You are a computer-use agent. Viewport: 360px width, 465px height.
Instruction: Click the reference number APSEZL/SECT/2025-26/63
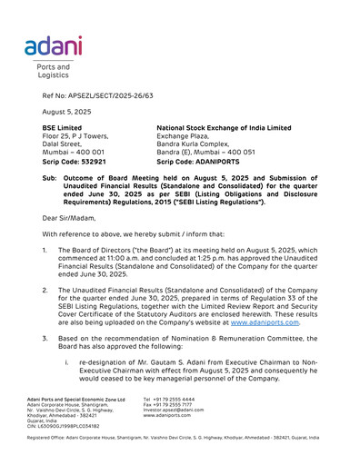[98, 94]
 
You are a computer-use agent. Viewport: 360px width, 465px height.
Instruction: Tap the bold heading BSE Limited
[62, 128]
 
